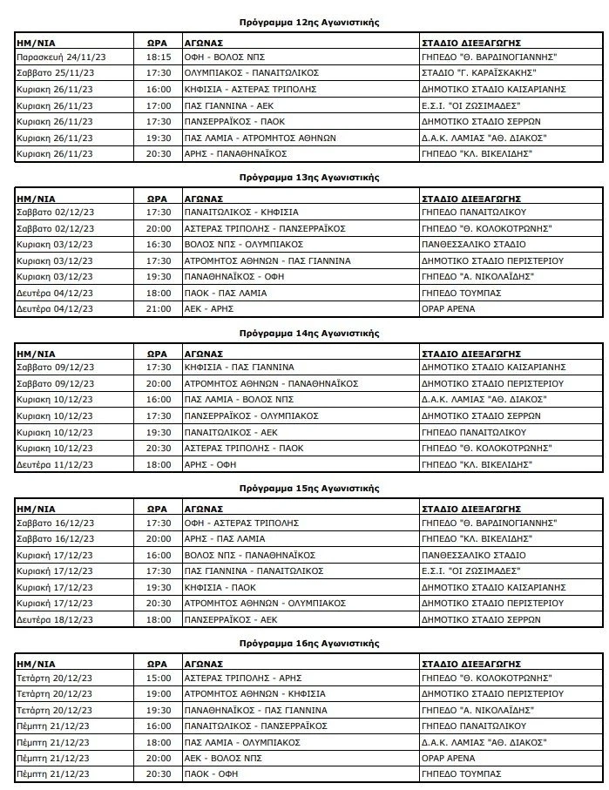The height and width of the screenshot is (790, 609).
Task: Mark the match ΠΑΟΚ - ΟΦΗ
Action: [209, 773]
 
